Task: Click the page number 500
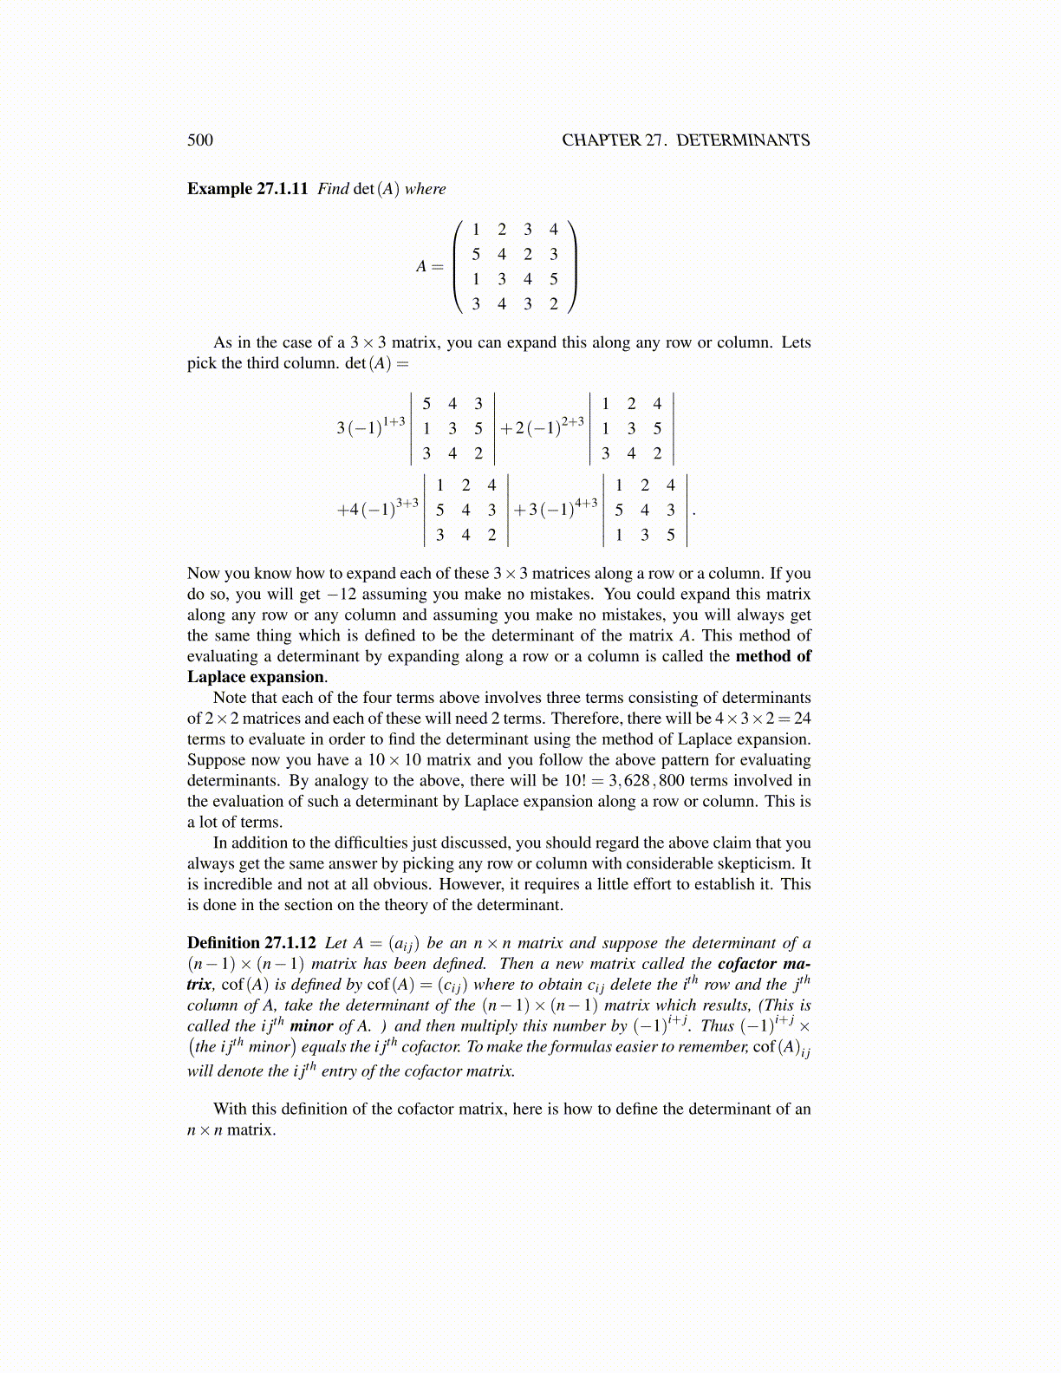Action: [199, 140]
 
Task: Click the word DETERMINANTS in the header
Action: [743, 140]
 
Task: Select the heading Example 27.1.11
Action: [247, 189]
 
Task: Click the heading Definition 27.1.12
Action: [251, 943]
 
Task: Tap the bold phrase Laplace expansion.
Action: [256, 677]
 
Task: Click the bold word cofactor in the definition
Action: [747, 964]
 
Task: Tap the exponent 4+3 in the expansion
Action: [586, 503]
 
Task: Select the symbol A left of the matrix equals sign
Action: [421, 267]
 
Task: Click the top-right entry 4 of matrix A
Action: [553, 230]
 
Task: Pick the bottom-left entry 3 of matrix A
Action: [476, 304]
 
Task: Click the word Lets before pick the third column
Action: [795, 342]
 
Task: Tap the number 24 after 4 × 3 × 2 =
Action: [802, 719]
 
